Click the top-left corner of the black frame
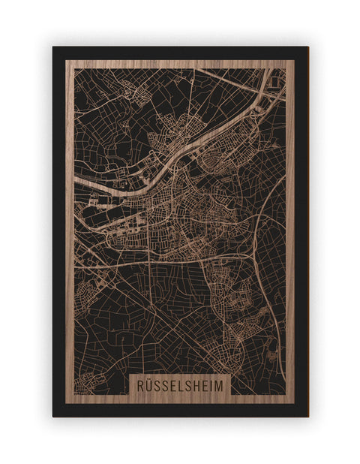coord(53,47)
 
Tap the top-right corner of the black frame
coord(307,47)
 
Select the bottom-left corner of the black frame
coord(53,416)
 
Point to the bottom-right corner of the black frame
coord(307,416)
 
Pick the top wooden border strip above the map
coord(180,64)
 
